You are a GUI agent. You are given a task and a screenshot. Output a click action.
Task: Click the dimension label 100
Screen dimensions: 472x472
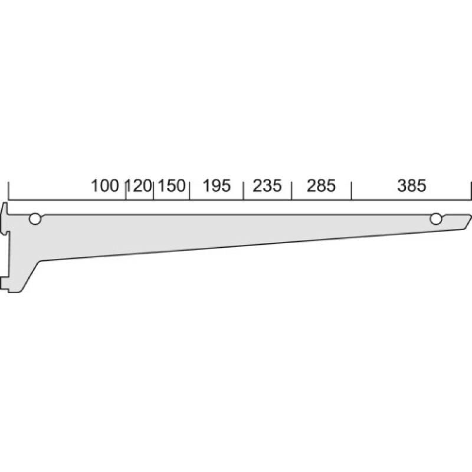tap(105, 186)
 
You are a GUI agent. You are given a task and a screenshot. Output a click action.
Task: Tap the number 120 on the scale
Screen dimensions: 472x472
tap(140, 186)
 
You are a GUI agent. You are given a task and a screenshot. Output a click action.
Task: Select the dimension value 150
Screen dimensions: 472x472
tap(172, 186)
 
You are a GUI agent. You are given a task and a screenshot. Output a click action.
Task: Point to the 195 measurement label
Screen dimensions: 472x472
tap(216, 186)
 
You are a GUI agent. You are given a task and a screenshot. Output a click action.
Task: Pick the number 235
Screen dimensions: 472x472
tap(267, 186)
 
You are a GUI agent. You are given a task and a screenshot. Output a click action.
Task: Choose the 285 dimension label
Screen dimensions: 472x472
tap(321, 186)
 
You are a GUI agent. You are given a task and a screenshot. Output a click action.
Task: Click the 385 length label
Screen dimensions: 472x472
tap(411, 186)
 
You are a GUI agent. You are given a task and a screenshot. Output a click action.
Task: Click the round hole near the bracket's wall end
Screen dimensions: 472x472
tap(35, 219)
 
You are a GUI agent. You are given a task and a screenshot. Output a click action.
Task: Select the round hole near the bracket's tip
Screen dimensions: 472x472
tap(436, 219)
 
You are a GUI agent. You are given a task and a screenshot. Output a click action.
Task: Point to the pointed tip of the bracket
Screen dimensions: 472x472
tap(470, 217)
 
